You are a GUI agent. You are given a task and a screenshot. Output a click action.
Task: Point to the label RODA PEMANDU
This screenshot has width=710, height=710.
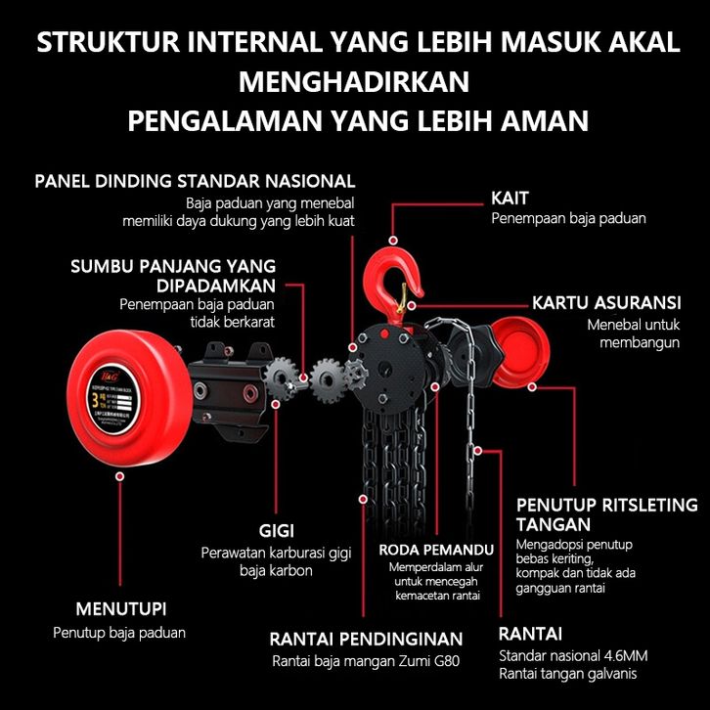pos(435,550)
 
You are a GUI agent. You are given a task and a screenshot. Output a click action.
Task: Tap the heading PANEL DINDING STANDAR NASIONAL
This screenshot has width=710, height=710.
pos(195,181)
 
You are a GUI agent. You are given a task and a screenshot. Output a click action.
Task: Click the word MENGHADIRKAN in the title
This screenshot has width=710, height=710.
pos(354,80)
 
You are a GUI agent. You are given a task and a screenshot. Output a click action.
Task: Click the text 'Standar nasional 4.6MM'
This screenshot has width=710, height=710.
pos(572,655)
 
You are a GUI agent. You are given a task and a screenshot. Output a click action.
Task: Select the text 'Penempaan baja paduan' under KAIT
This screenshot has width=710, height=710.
pos(568,219)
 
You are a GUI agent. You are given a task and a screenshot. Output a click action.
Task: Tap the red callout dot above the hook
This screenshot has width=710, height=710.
pos(393,240)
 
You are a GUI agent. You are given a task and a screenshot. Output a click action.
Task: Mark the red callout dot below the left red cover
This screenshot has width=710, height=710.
pos(119,475)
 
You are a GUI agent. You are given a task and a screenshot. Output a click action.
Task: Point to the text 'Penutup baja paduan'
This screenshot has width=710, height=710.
pos(118,633)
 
